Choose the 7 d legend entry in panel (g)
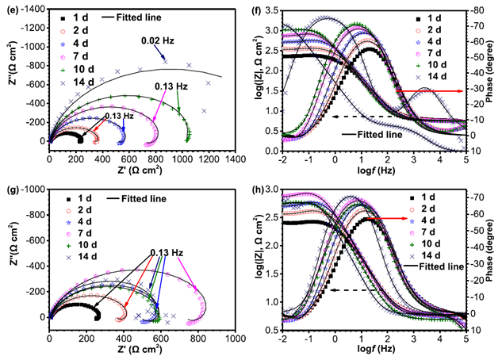(79, 233)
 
